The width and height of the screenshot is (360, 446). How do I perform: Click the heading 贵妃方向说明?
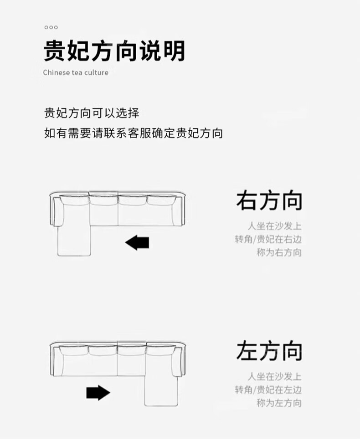tap(114, 51)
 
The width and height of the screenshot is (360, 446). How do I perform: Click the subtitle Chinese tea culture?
tap(76, 72)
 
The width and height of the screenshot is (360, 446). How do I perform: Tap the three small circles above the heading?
tap(51, 27)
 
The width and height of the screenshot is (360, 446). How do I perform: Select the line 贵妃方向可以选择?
tap(91, 113)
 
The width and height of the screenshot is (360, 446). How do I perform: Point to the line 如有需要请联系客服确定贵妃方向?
tap(134, 133)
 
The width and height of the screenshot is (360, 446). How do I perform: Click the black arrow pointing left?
tap(137, 243)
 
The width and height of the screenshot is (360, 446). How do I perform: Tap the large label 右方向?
tap(269, 201)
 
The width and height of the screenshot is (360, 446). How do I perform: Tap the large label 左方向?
tap(269, 352)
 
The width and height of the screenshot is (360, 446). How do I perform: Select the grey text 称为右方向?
tap(279, 252)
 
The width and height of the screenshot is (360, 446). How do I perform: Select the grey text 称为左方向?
tap(279, 403)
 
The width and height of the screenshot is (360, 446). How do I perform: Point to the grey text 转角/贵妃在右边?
tap(268, 239)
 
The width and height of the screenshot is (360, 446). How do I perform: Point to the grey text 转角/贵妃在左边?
tap(268, 390)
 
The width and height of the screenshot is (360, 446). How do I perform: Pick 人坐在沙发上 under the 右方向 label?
tap(274, 226)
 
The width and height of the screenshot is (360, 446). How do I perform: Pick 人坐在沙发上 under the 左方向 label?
tap(274, 376)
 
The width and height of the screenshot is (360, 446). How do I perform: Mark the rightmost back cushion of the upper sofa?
tap(161, 200)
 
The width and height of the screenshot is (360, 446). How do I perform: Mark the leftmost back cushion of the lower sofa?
tap(74, 350)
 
